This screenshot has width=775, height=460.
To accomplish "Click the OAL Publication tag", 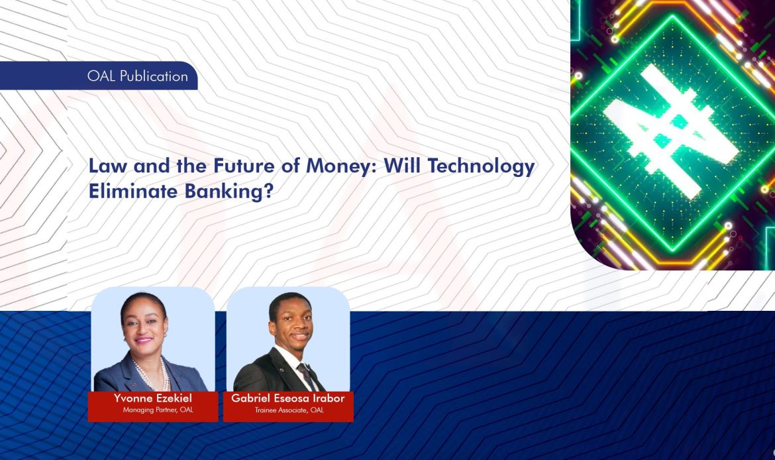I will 136,76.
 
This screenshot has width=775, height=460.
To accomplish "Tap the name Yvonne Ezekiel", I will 152,398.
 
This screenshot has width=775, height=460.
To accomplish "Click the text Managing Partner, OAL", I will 158,410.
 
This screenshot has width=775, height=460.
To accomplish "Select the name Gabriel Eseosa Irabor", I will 287,398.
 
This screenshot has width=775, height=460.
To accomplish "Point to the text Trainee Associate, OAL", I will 289,410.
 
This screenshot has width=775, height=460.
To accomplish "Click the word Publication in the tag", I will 154,76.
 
